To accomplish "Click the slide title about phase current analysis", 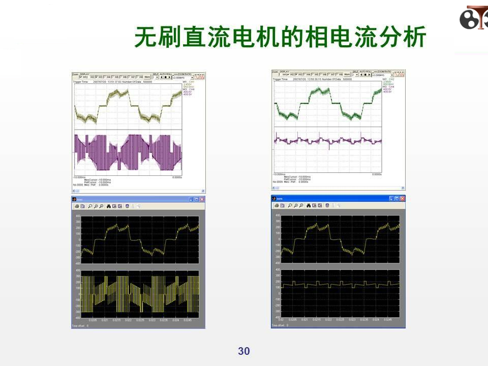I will click(x=280, y=37).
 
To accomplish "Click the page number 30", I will click(x=244, y=351).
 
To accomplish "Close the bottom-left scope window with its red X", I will click(x=202, y=199).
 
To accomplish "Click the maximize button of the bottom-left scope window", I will click(x=197, y=199).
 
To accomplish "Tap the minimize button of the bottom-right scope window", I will click(x=392, y=199).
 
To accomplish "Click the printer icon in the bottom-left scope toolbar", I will click(x=76, y=206).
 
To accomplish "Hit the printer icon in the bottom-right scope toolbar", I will click(x=277, y=206).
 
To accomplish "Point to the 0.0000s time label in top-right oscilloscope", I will click(x=377, y=174).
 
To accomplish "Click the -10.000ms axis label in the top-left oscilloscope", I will click(x=79, y=177).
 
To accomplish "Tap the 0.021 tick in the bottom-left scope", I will click(x=104, y=320).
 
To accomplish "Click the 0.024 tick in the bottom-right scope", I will click(x=376, y=319).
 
